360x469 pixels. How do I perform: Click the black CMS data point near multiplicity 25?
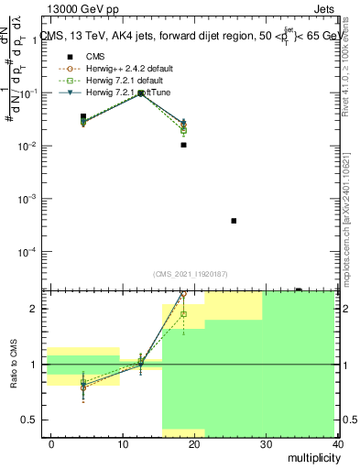(x=235, y=221)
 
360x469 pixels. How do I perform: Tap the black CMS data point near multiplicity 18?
(x=184, y=145)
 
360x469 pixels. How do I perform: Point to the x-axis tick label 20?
(x=194, y=443)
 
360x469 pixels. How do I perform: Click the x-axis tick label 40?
(x=338, y=443)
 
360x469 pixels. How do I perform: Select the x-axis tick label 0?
(x=51, y=443)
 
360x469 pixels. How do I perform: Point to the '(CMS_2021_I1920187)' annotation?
(x=191, y=274)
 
